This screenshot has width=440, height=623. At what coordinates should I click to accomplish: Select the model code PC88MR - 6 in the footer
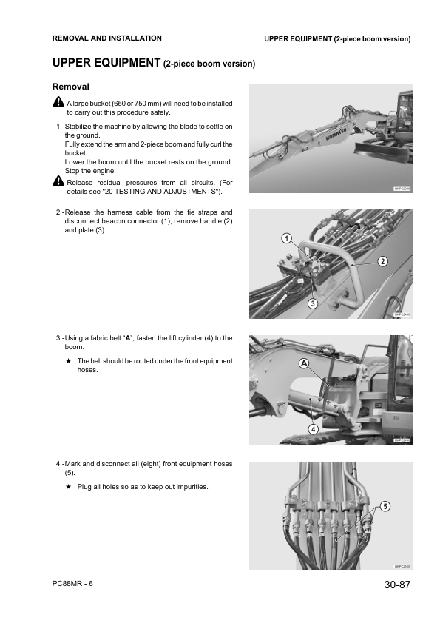(x=73, y=584)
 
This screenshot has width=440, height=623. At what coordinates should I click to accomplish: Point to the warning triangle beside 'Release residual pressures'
(x=59, y=182)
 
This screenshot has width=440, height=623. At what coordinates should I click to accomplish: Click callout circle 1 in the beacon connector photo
(x=285, y=238)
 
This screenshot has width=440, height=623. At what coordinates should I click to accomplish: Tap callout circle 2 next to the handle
(x=382, y=261)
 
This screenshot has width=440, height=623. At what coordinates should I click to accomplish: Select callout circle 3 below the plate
(x=313, y=303)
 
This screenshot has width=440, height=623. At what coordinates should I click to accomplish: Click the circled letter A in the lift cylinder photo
(x=303, y=363)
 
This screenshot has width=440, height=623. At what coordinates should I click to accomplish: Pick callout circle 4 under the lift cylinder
(x=313, y=429)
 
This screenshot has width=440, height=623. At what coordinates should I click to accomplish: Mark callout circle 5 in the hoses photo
(x=385, y=506)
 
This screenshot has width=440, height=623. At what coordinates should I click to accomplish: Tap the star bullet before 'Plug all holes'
(x=68, y=487)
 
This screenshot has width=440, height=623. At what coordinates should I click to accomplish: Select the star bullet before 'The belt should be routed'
(x=68, y=361)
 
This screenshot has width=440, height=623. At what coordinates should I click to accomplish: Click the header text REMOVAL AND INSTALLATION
(x=107, y=38)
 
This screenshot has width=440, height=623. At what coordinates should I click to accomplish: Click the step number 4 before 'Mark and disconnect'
(x=58, y=464)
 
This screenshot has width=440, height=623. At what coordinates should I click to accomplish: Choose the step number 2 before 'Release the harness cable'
(x=58, y=212)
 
